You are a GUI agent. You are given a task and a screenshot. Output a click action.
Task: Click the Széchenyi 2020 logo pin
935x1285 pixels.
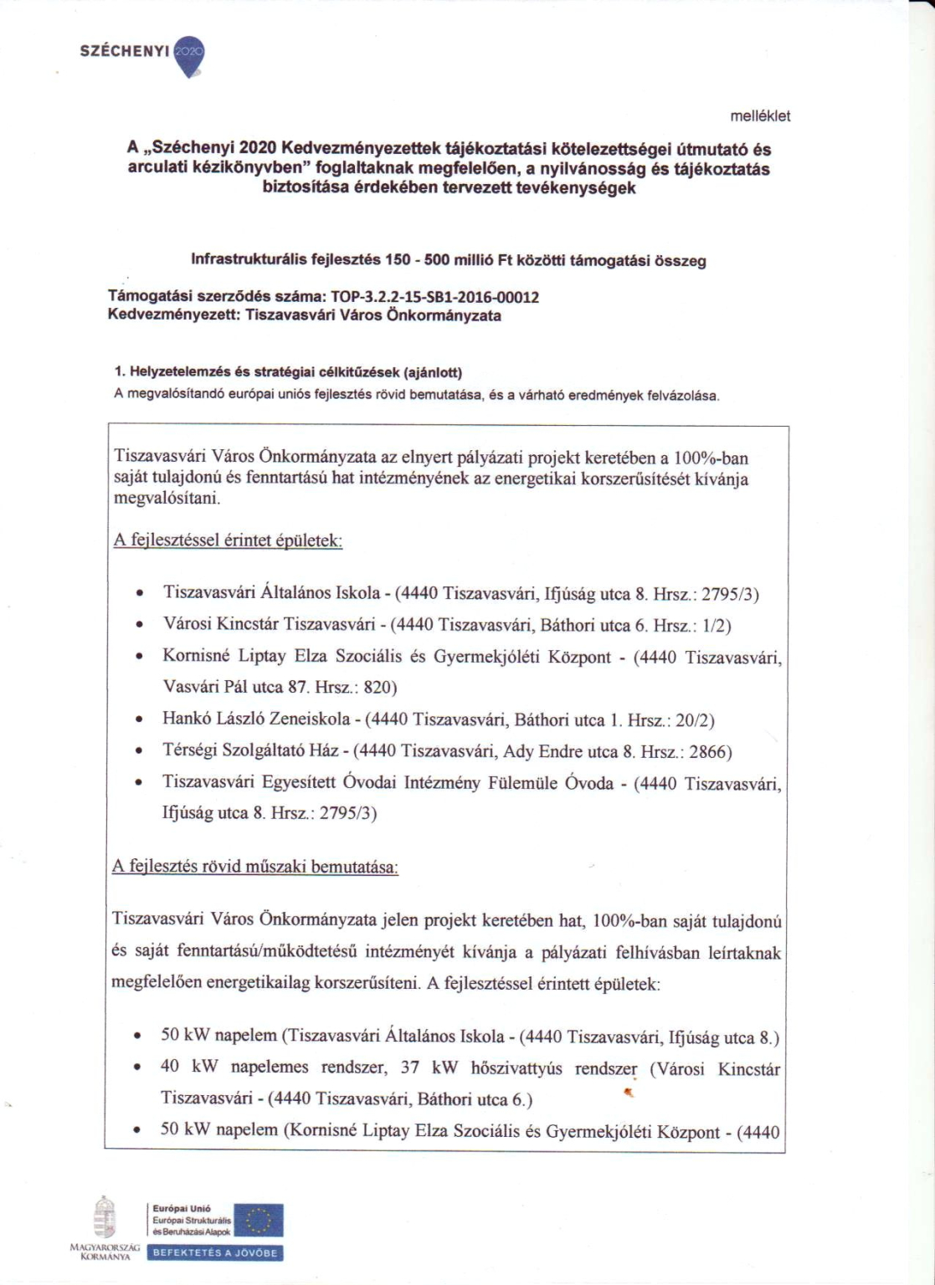click(193, 54)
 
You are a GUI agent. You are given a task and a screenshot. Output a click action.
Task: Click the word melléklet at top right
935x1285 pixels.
click(760, 116)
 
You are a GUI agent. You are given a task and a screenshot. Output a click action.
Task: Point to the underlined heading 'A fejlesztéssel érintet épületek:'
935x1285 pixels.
click(228, 540)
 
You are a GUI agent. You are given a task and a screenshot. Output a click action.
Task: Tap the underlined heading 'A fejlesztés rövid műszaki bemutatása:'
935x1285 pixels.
click(255, 867)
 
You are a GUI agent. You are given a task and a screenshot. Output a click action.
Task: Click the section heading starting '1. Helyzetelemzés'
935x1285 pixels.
click(288, 372)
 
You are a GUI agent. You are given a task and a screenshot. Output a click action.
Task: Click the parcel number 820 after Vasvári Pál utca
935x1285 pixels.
click(380, 688)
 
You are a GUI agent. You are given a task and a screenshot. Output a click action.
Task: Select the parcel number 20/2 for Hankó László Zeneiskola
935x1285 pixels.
click(694, 719)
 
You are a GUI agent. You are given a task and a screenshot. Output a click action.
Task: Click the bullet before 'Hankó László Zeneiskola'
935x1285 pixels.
click(140, 719)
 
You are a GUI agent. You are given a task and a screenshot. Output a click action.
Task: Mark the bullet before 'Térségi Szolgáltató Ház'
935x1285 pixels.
click(140, 751)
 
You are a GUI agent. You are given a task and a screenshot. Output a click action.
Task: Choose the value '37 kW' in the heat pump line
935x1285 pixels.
click(421, 1067)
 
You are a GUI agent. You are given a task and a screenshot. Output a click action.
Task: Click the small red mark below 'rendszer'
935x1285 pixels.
click(629, 1092)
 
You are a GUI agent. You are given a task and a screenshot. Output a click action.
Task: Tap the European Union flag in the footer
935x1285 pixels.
click(259, 1221)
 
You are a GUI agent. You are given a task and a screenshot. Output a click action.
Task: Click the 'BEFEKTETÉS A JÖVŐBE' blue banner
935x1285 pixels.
click(214, 1253)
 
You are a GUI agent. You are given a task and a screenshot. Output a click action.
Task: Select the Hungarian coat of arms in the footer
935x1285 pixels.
click(104, 1218)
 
